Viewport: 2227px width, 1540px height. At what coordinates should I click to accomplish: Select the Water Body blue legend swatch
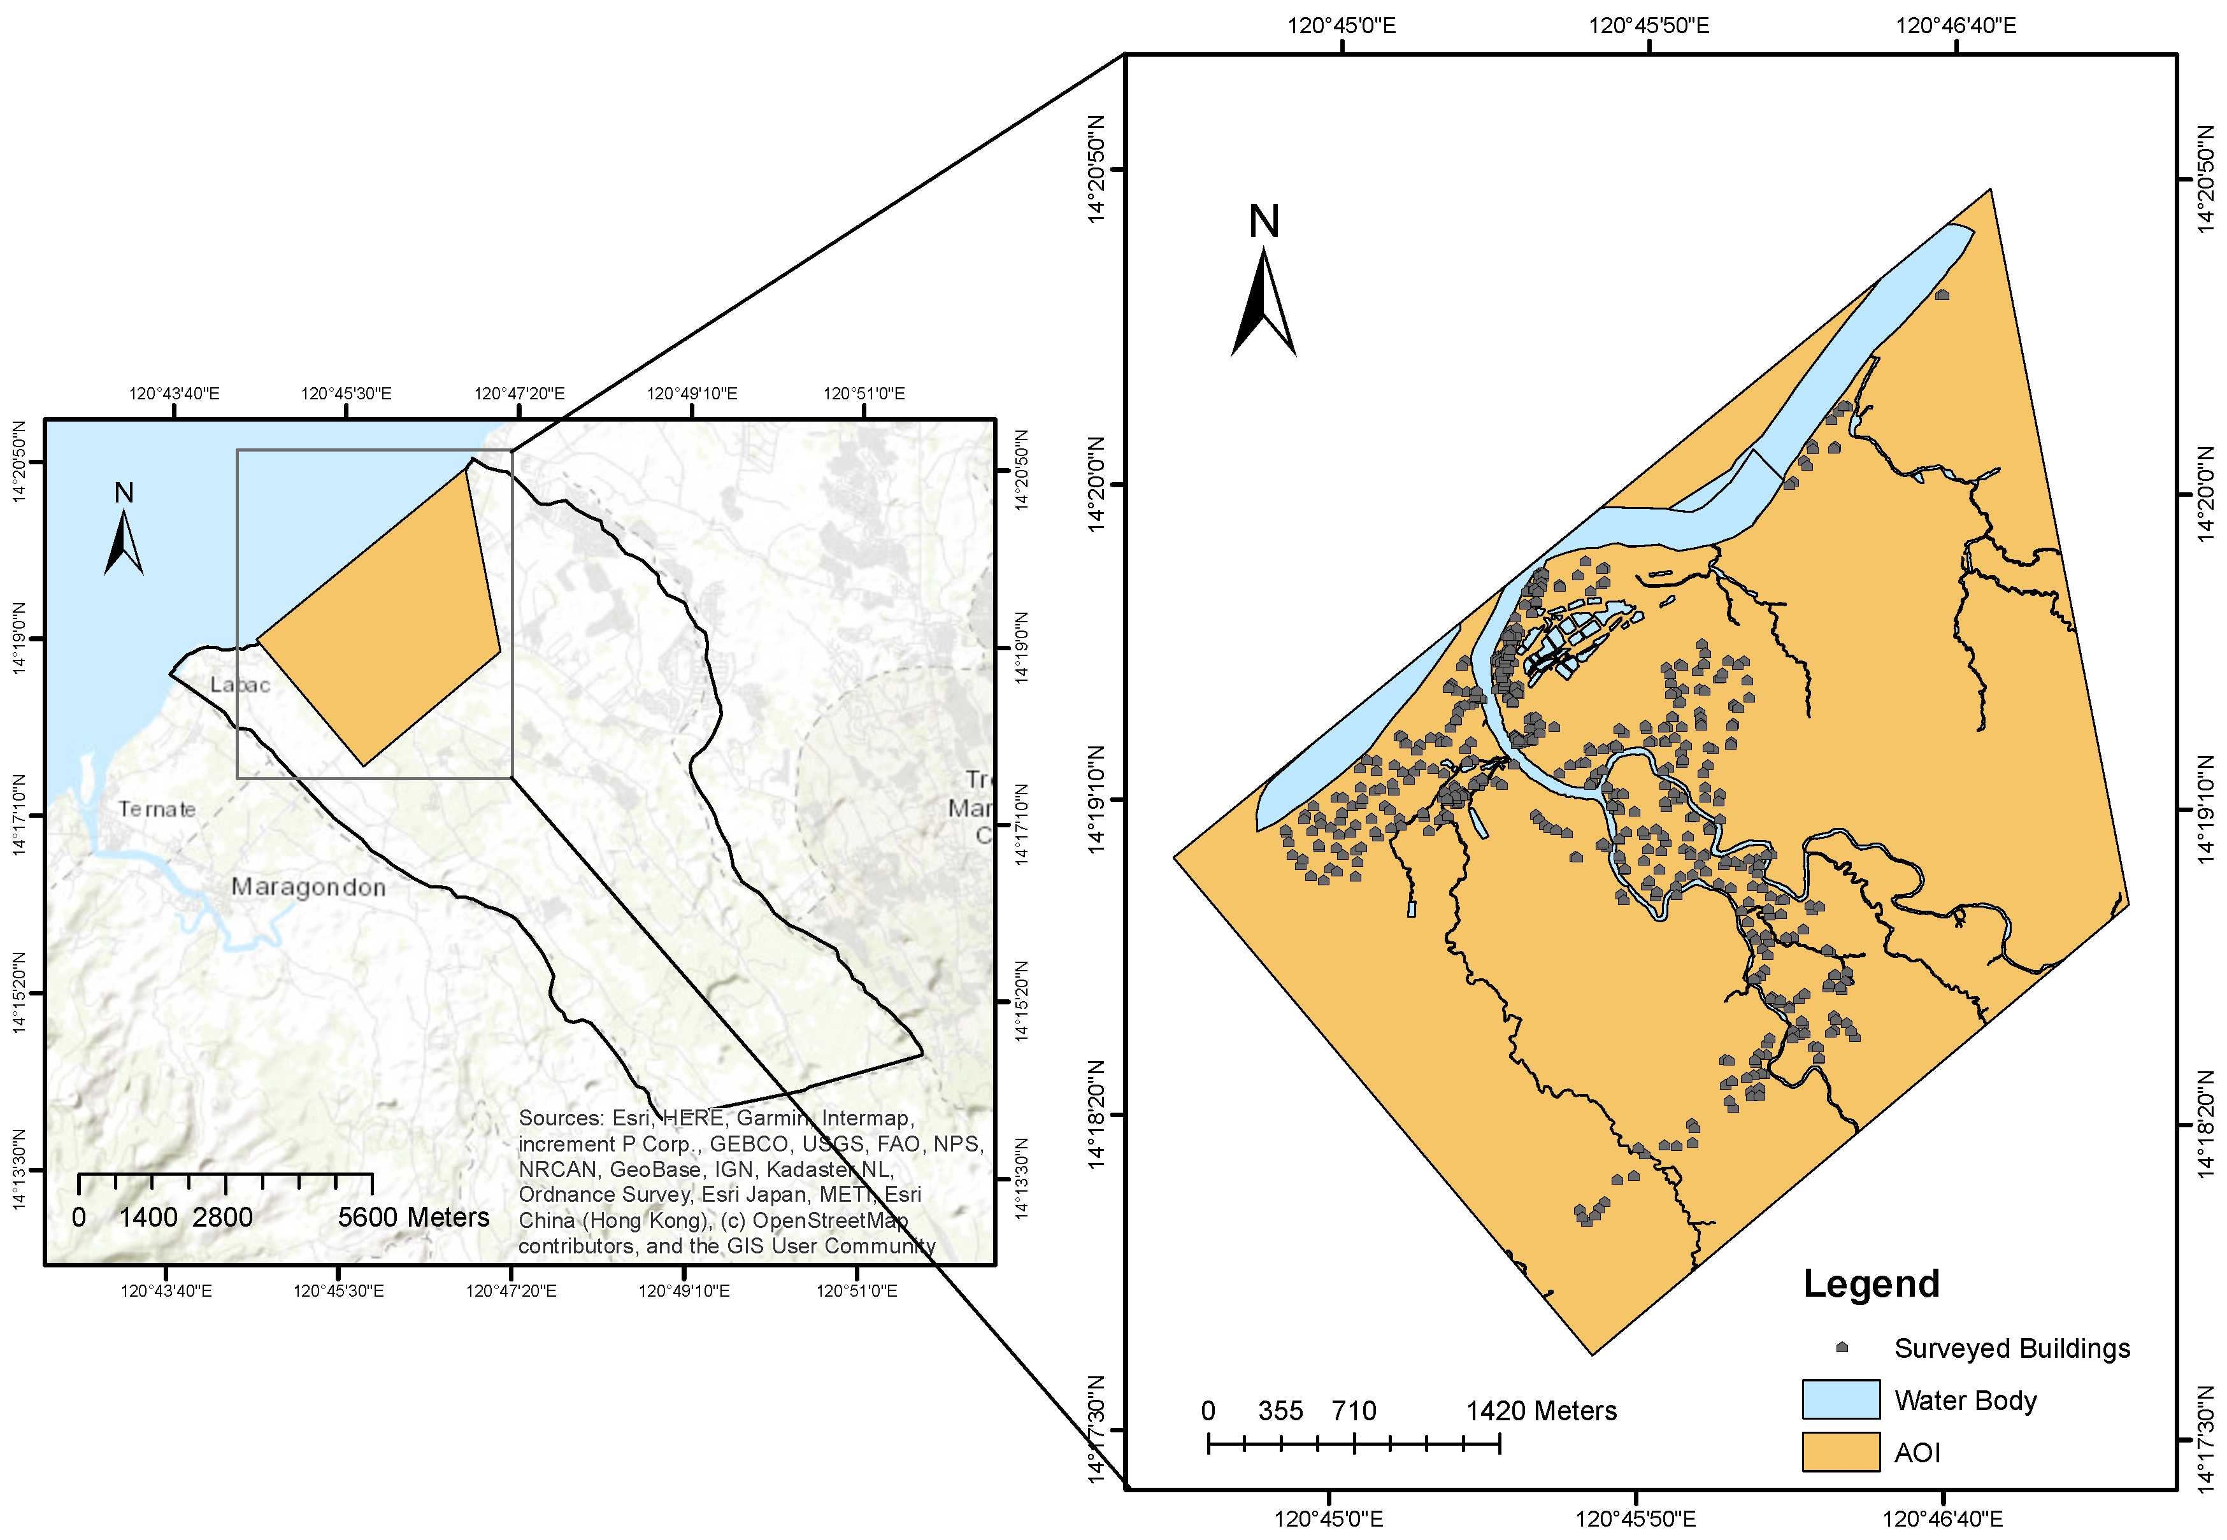(1840, 1399)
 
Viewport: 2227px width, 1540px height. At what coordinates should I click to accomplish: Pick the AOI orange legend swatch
(1840, 1451)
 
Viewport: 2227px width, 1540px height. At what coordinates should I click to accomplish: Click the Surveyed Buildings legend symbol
(1841, 1347)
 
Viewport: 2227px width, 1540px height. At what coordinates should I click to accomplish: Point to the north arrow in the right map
(1263, 299)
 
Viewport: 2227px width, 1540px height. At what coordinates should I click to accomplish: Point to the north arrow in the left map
(124, 540)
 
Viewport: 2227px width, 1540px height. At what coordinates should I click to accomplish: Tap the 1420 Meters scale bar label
(1541, 1411)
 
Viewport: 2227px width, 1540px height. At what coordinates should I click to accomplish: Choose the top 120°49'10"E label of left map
(692, 394)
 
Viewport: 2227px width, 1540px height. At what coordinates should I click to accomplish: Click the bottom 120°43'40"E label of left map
(166, 1291)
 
